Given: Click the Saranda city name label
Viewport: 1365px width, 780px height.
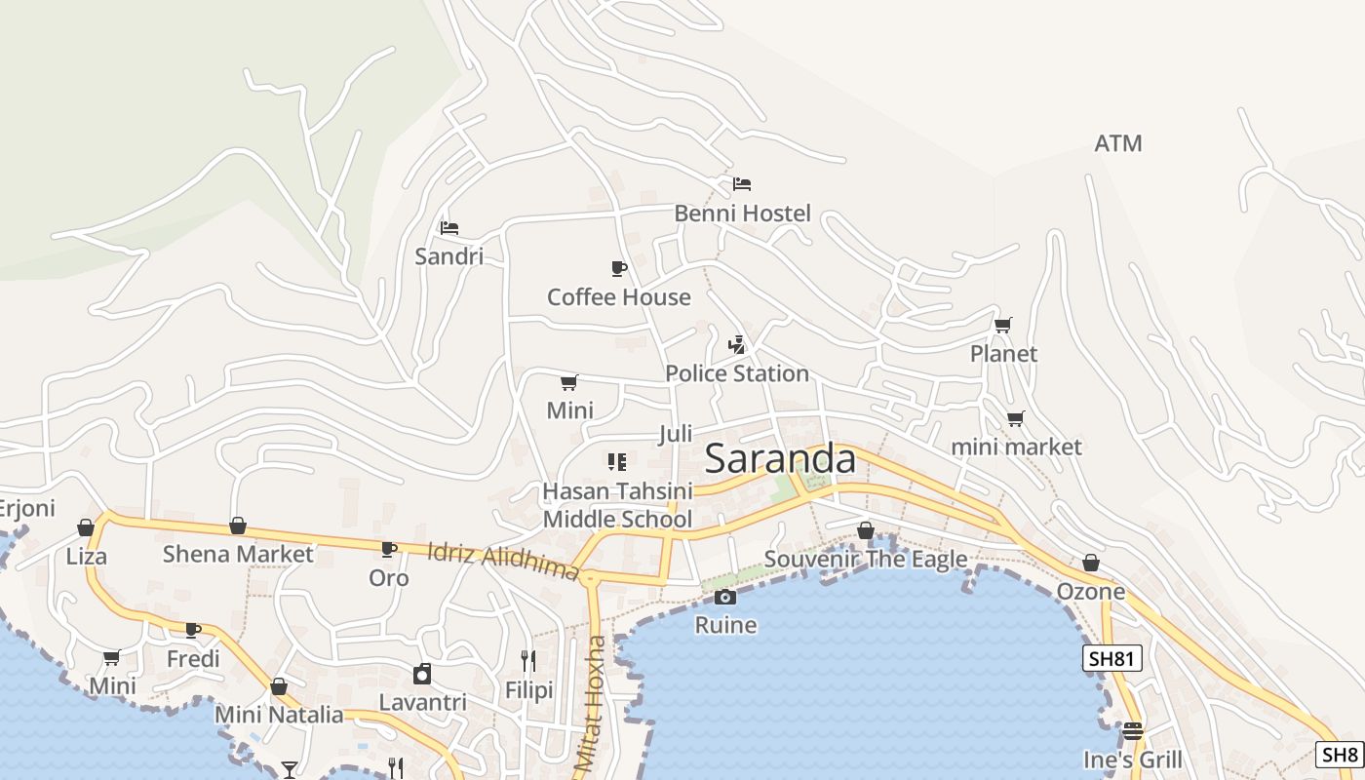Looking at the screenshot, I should point(780,458).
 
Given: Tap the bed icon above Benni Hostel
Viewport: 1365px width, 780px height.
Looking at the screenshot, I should point(742,183).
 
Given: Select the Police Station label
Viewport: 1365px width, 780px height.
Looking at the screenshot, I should point(737,373).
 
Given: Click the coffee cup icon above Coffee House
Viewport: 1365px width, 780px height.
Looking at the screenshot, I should point(618,268).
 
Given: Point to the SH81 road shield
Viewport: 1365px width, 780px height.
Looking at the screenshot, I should point(1111,658).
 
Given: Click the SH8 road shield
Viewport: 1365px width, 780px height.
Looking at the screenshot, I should point(1340,754).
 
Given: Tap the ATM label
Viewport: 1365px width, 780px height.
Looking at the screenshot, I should point(1117,143).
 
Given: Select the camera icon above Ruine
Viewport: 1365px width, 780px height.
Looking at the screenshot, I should point(724,597).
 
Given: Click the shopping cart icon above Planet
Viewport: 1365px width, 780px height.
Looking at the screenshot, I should point(1002,325).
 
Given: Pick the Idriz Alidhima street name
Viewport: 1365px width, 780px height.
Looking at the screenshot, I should point(503,561).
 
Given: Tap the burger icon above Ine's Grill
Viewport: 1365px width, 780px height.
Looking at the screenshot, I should point(1132,730).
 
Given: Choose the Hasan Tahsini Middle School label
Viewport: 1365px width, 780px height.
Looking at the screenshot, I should point(617,505).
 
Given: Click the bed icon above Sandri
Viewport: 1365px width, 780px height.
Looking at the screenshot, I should point(448,228).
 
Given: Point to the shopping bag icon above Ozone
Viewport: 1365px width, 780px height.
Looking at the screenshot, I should point(1090,563).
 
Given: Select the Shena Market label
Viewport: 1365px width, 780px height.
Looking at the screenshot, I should point(238,555).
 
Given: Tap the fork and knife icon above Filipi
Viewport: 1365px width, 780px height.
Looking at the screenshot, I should point(527,661).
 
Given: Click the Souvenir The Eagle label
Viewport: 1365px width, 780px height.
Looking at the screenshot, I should point(865,559).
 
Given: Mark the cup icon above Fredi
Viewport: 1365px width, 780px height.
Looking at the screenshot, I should point(193,630).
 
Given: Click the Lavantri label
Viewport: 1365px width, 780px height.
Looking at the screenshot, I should point(422,702).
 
